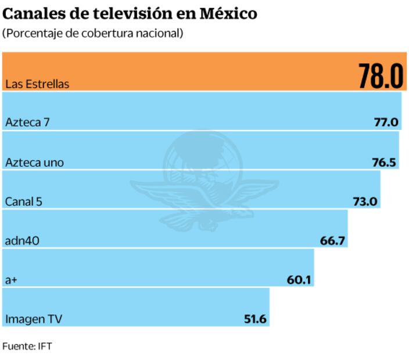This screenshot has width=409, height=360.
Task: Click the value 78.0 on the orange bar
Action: coord(380,76)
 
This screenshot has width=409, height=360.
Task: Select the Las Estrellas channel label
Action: coord(37,84)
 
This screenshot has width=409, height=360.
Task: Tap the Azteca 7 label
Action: coord(27,123)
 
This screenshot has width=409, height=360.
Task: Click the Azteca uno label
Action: coord(34,163)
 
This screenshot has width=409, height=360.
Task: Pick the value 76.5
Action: coord(384,163)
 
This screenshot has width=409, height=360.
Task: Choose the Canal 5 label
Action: coord(24,202)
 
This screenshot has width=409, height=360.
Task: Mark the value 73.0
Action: coord(365,202)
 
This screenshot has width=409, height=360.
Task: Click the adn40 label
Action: coord(22,241)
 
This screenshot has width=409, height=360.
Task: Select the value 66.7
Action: coord(333,241)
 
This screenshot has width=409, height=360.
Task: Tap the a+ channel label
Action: coord(11,280)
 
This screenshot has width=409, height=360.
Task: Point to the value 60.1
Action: coord(299,280)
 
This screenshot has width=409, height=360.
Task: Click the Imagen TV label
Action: coord(33,319)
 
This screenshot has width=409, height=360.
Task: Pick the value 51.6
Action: coord(254,319)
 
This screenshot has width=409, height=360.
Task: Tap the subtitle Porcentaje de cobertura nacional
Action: coord(93,33)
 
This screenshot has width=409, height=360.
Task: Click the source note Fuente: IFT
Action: coord(27,346)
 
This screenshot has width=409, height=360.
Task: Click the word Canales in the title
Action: coord(34,13)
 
